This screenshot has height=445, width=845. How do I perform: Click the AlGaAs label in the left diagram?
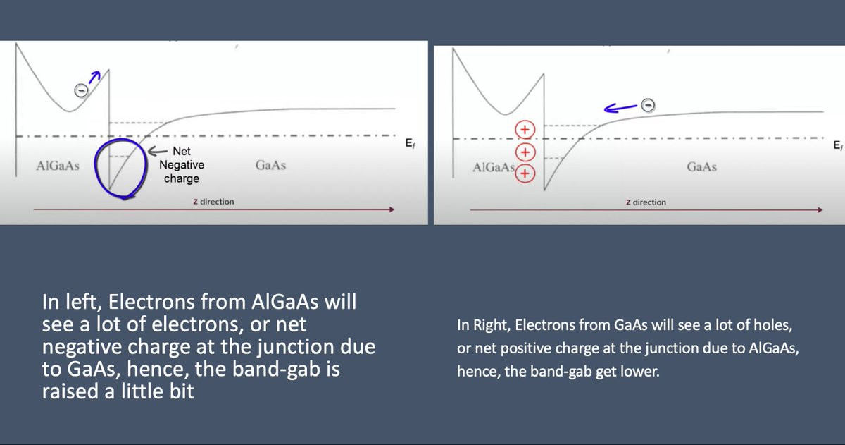(58, 166)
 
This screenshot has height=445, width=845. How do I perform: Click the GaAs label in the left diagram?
(270, 165)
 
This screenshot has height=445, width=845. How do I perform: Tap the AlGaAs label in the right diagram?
(494, 167)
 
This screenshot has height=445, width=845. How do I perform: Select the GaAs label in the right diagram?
(701, 166)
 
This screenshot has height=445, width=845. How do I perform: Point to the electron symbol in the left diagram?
(81, 90)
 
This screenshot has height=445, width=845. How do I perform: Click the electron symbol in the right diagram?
(648, 104)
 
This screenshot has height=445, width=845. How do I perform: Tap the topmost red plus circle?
(525, 130)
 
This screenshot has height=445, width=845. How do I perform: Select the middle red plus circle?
(525, 152)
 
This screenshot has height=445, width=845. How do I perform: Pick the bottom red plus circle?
(525, 173)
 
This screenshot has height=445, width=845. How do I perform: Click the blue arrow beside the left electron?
(94, 77)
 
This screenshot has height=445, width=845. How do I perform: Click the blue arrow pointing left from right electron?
(621, 108)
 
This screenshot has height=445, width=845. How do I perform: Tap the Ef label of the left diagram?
(411, 143)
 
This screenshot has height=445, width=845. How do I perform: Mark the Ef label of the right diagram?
(838, 145)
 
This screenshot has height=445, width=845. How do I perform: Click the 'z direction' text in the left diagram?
(213, 202)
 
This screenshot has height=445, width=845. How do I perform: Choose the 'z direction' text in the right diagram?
(646, 202)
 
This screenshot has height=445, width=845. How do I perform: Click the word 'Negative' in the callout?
(182, 165)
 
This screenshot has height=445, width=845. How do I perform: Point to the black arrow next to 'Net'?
(157, 152)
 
